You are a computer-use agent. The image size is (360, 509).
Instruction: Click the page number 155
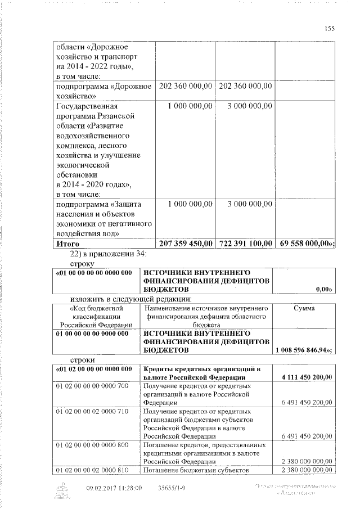click(x=330, y=29)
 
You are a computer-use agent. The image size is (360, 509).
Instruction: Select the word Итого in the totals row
click(x=67, y=244)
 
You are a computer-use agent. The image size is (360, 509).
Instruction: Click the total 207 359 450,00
click(x=186, y=244)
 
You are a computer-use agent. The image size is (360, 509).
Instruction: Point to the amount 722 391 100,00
click(x=245, y=244)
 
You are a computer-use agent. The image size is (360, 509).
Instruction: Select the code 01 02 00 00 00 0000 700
click(x=92, y=386)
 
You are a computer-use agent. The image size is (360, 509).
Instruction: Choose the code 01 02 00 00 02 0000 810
click(x=92, y=470)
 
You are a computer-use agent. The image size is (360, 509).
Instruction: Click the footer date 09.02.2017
click(x=102, y=488)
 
